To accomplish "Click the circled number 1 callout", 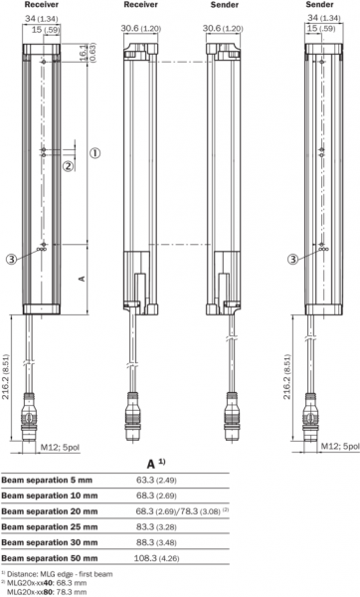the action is [94, 153].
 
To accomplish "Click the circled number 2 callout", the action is [68, 166].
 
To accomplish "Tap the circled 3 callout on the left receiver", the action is [11, 260].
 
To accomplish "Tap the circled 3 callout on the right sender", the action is [292, 260].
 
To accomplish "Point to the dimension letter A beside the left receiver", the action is [82, 279].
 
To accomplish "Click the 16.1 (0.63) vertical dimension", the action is [87, 52].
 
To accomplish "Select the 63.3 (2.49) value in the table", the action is [156, 481].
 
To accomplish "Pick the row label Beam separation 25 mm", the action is [50, 527].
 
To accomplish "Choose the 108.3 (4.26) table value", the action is [156, 558].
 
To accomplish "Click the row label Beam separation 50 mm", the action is [50, 558].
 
